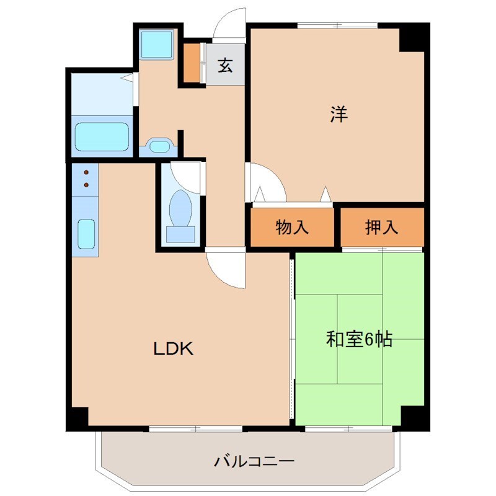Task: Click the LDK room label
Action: tap(174, 348)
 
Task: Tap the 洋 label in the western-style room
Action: tap(339, 115)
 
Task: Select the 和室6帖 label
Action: tap(359, 339)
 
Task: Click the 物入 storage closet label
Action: tap(292, 228)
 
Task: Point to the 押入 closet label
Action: tap(381, 228)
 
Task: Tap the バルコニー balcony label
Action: tap(254, 461)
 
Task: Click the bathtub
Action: tap(102, 136)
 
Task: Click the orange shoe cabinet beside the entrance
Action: tap(192, 63)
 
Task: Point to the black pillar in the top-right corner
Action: tap(414, 37)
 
